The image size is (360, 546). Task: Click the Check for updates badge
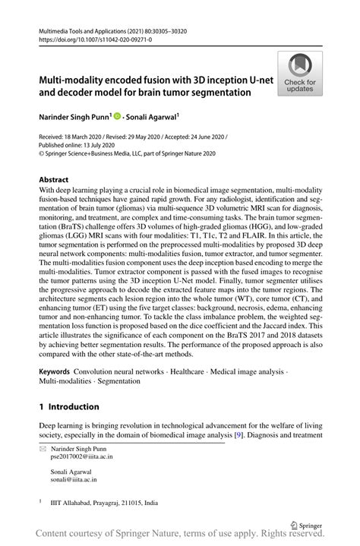click(x=300, y=73)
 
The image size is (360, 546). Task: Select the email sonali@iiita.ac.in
click(x=73, y=480)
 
